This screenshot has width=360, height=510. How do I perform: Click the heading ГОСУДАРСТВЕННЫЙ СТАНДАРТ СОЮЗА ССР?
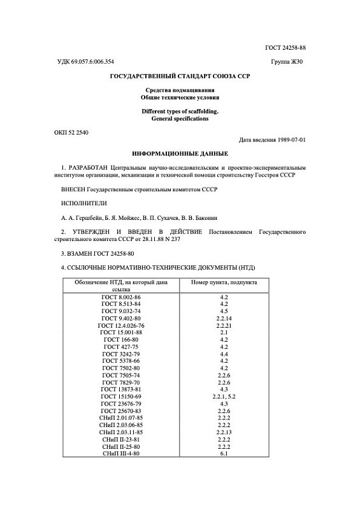(180, 76)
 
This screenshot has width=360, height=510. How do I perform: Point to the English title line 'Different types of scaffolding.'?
(180, 111)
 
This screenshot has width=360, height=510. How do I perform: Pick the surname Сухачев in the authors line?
(210, 217)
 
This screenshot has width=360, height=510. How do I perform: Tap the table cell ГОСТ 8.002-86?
(121, 297)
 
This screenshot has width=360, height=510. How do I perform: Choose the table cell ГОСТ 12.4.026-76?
(121, 325)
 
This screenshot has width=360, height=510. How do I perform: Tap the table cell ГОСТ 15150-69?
(121, 395)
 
